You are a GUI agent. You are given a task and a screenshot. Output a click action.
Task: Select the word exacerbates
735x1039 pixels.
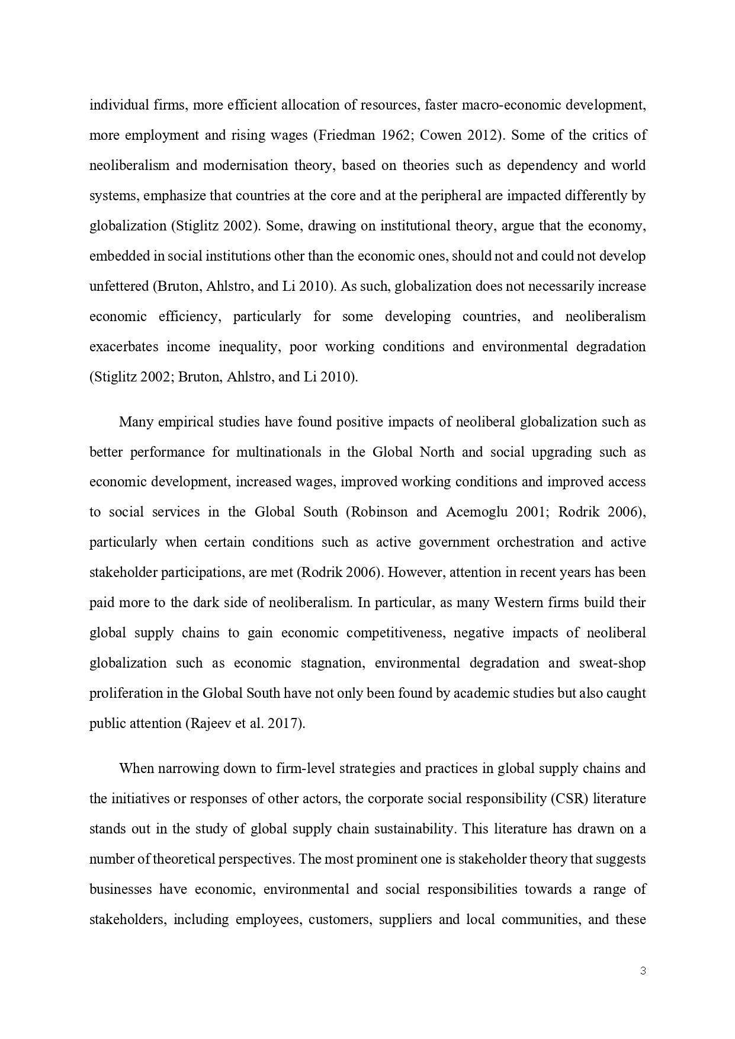(x=123, y=347)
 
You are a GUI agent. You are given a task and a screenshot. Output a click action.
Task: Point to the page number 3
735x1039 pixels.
(x=643, y=970)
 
